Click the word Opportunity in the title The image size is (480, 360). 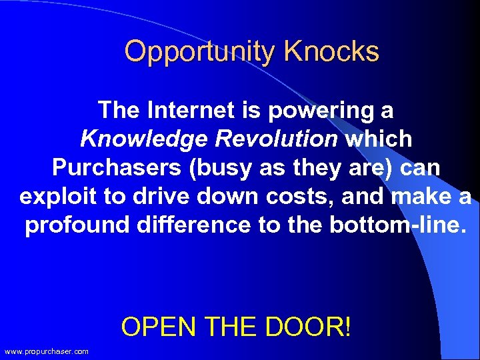(200, 52)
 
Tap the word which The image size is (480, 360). (379, 139)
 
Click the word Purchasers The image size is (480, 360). (116, 167)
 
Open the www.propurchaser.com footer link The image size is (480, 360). (46, 351)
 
